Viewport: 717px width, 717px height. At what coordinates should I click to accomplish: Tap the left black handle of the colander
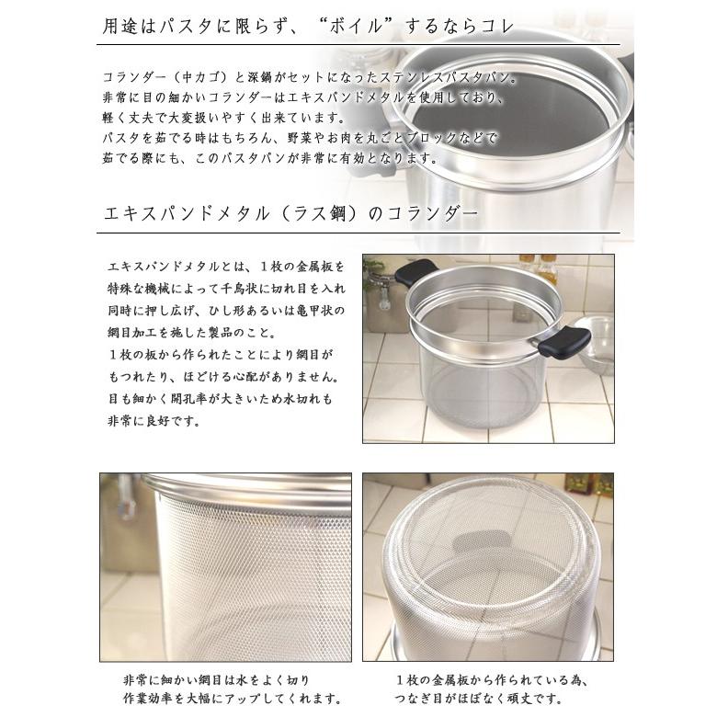click(x=416, y=273)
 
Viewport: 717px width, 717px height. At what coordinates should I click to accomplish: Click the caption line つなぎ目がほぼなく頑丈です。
click(x=486, y=699)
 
